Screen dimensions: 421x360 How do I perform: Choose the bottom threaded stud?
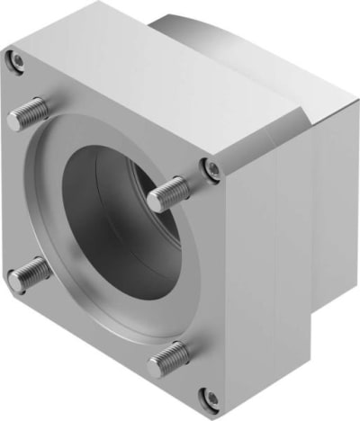(x=168, y=358)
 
